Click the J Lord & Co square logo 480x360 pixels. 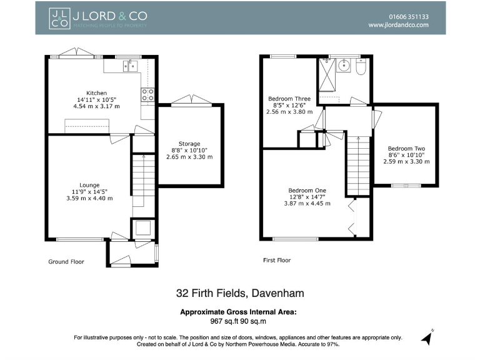pos(59,18)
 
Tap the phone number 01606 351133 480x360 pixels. pos(409,17)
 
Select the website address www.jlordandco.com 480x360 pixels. pos(398,25)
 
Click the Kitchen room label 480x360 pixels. pos(96,93)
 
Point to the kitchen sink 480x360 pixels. pos(130,66)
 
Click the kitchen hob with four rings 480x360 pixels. pos(147,95)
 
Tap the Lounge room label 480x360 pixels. pos(89,185)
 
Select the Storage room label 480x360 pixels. pos(189,144)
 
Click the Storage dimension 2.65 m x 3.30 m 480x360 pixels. pos(189,157)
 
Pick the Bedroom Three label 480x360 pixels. pos(289,99)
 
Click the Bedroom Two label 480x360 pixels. pos(406,149)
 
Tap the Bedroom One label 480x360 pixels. pos(307,191)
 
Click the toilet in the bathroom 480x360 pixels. pos(361,67)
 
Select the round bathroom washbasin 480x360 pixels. pos(344,65)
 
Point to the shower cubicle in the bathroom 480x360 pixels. pos(327,75)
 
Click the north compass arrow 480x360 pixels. pos(427,337)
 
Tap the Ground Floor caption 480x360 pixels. pos(66,262)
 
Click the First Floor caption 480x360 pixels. pos(277,261)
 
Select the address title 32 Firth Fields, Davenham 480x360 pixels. pos(240,293)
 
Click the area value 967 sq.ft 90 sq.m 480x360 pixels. pos(238,321)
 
